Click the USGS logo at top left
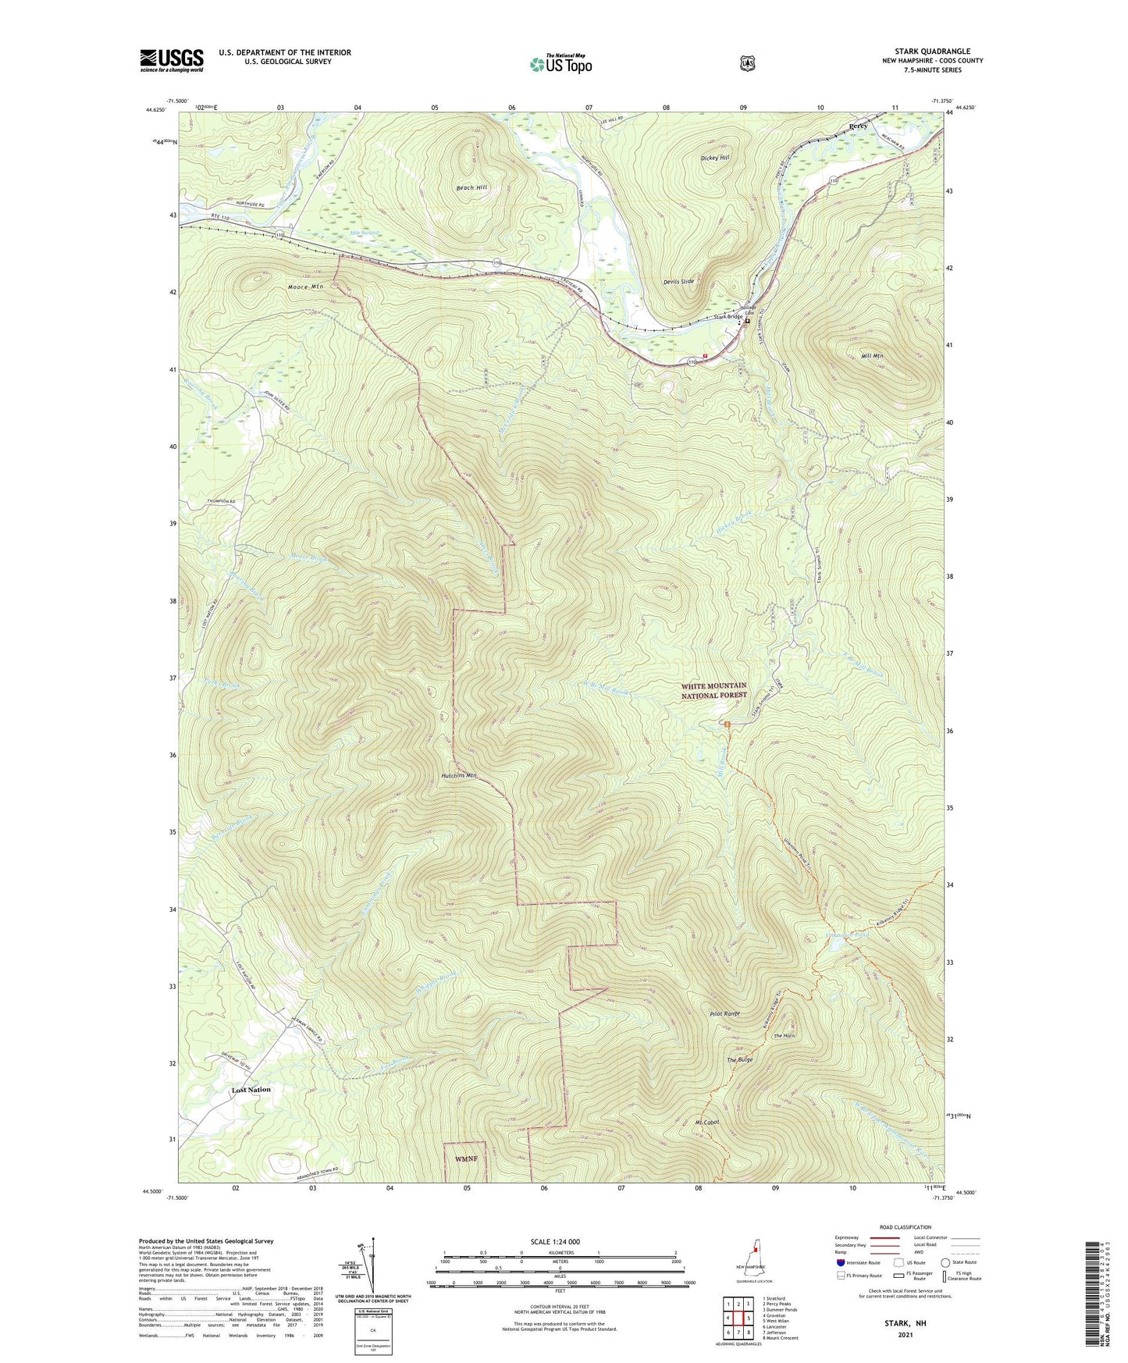click(x=172, y=60)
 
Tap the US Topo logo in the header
click(x=560, y=63)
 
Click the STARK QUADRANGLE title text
click(x=932, y=52)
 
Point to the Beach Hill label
click(x=471, y=188)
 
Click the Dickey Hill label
click(x=714, y=158)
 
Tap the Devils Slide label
click(x=678, y=281)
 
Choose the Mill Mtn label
click(x=871, y=356)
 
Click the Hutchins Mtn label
click(x=458, y=775)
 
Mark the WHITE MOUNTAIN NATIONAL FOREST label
click(x=713, y=690)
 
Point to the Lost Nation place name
click(x=251, y=1090)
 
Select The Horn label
click(x=784, y=1036)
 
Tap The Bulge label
click(x=739, y=1060)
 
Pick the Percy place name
click(x=858, y=126)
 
